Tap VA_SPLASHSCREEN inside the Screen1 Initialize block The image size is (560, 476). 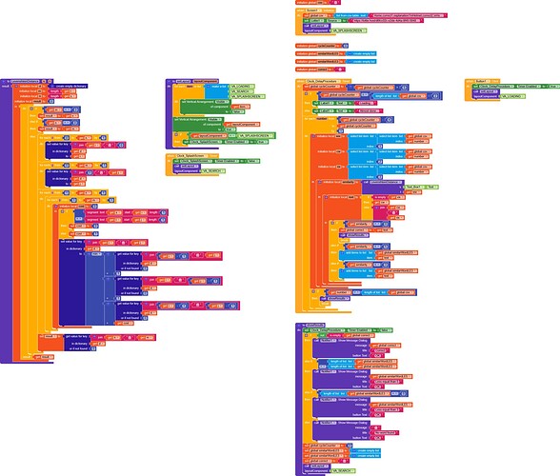point(347,31)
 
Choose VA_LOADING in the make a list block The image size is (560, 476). point(239,84)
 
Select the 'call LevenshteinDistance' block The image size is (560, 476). point(366,181)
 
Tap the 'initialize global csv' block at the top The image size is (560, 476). point(309,3)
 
